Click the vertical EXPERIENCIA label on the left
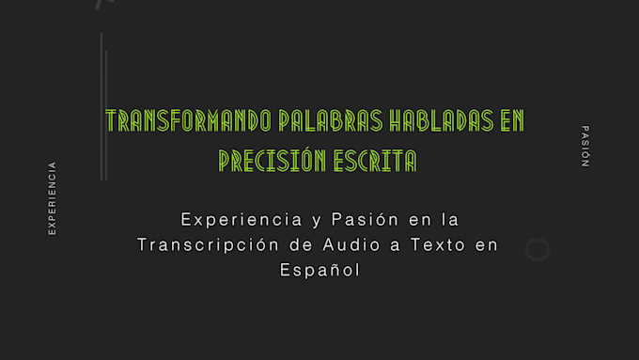point(53,197)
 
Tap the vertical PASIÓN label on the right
point(584,146)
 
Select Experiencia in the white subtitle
point(237,220)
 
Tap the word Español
point(319,269)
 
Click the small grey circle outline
point(538,249)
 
